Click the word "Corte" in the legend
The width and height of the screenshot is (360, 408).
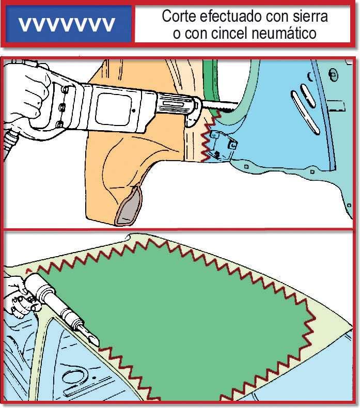click(x=180, y=17)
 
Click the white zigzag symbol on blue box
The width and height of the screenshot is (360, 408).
click(x=67, y=24)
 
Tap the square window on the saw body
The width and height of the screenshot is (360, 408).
click(x=113, y=109)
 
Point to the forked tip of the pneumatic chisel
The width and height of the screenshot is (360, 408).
click(x=92, y=339)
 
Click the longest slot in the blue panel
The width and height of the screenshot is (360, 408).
click(x=305, y=113)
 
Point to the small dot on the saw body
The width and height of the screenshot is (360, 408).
click(x=134, y=111)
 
